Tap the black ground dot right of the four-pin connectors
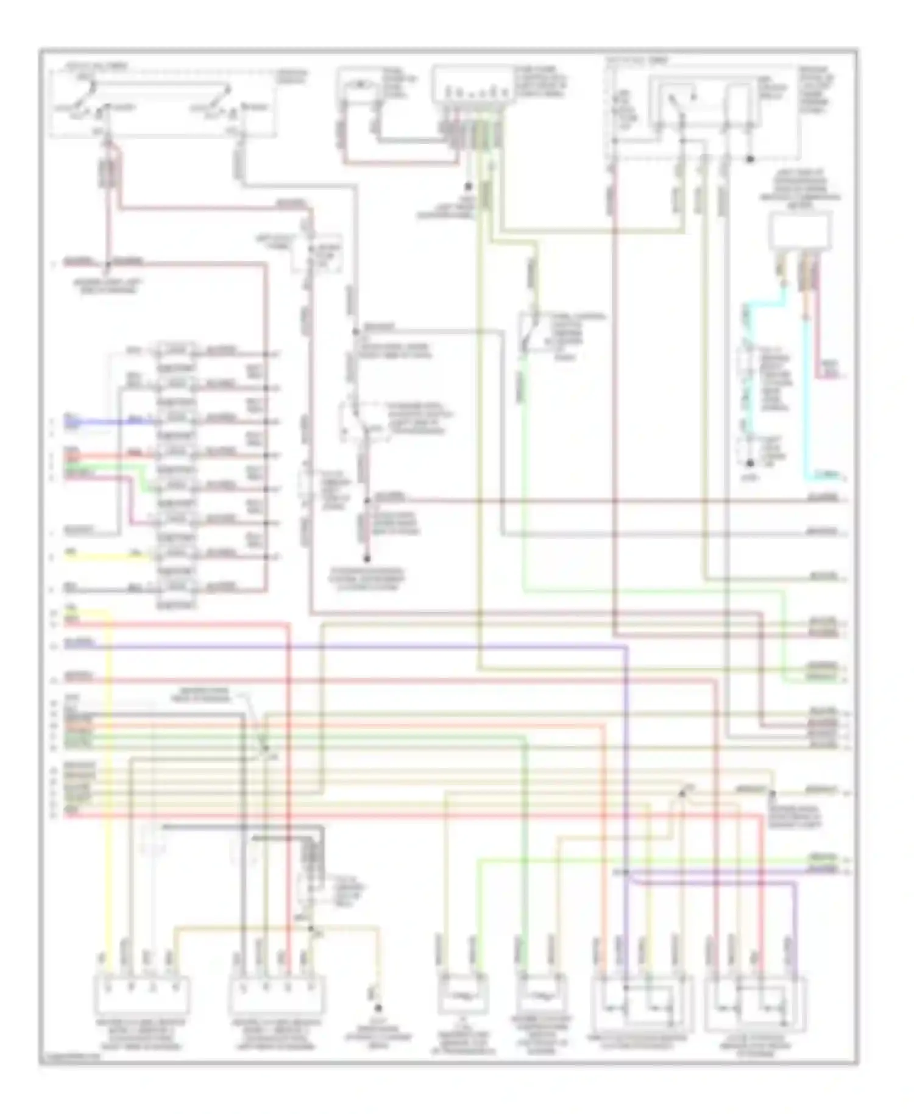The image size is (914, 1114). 377,1008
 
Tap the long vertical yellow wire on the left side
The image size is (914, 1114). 110,792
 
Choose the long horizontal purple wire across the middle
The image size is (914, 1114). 366,645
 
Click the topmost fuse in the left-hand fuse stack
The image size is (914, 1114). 176,351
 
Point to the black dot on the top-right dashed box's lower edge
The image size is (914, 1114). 750,159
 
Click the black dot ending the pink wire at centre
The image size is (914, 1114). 367,558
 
